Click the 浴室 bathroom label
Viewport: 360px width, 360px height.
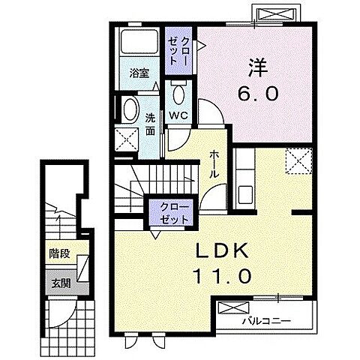click(x=139, y=73)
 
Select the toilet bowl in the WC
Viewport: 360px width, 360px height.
click(x=178, y=93)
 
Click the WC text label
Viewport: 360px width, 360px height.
click(x=178, y=115)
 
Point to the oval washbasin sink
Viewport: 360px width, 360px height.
click(x=130, y=109)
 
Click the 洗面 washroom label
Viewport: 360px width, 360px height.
click(x=150, y=124)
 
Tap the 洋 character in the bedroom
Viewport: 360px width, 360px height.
click(x=258, y=67)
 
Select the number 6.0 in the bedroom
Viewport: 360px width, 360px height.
click(x=258, y=94)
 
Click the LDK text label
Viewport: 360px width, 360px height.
click(x=222, y=250)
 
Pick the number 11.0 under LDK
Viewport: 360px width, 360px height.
click(x=222, y=276)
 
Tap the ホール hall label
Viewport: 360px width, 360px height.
click(x=214, y=163)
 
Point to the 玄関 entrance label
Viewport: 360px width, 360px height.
click(x=61, y=283)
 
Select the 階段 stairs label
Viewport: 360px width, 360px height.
click(x=59, y=253)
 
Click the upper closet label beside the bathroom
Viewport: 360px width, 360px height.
click(x=178, y=51)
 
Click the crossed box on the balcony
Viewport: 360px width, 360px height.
click(x=233, y=307)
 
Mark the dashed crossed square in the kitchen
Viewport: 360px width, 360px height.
click(x=299, y=160)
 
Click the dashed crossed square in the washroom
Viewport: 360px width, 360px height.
click(x=127, y=139)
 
